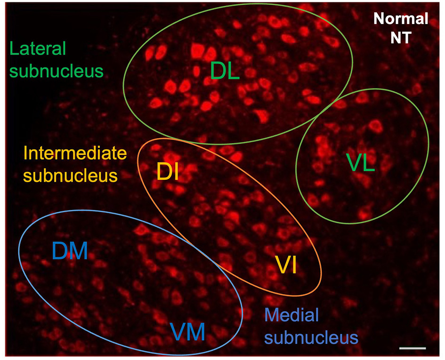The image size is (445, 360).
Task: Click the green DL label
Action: click(x=225, y=71)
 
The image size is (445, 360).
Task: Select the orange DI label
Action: click(x=167, y=173)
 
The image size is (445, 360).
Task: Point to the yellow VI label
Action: click(x=285, y=265)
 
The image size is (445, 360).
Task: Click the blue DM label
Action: click(x=70, y=251)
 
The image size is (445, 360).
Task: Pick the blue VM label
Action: click(x=187, y=333)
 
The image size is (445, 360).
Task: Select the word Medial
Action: click(x=292, y=315)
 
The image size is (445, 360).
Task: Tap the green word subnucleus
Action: click(x=57, y=71)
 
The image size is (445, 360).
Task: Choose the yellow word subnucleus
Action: click(x=70, y=176)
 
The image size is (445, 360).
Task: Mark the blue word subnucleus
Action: click(x=311, y=337)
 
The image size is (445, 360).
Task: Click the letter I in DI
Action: click(x=175, y=173)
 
